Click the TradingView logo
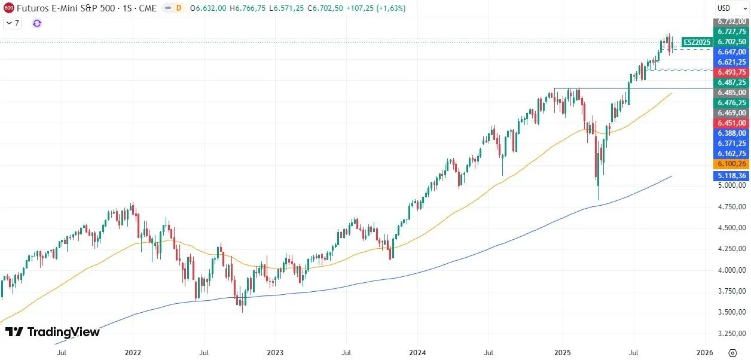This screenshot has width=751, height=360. click(x=52, y=332)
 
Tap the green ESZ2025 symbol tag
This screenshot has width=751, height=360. click(x=697, y=42)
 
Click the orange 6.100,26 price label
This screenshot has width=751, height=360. click(x=731, y=164)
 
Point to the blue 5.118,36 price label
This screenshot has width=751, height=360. click(x=731, y=176)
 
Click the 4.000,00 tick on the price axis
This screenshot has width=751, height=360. click(x=731, y=270)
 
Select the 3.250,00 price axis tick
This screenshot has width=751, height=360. click(x=731, y=333)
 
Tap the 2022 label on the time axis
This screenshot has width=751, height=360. click(x=132, y=353)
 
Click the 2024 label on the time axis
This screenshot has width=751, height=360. click(x=417, y=353)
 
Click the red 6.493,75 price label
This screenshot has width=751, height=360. click(x=731, y=72)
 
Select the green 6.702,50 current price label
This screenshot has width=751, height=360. click(x=731, y=42)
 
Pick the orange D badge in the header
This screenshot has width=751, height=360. click(x=178, y=8)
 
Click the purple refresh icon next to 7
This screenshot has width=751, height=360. click(x=37, y=23)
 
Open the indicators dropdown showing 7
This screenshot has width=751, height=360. click(x=13, y=23)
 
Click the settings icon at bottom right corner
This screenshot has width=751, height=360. click(x=732, y=353)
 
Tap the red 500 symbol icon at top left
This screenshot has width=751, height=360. click(x=9, y=8)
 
